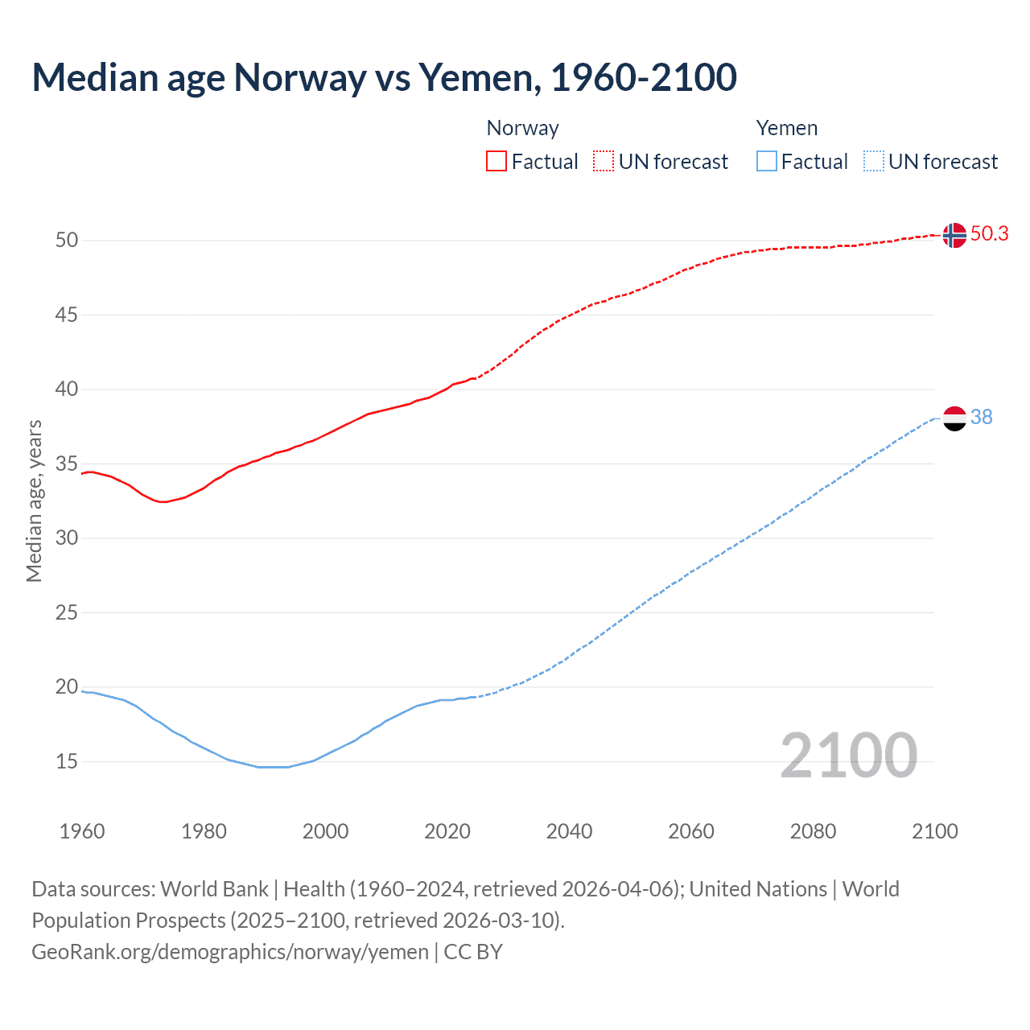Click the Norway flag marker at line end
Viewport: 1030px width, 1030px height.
[x=954, y=235]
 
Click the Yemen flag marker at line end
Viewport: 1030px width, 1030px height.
[x=954, y=418]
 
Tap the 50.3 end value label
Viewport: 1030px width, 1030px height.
[x=989, y=233]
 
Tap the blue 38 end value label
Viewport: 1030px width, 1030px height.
[x=981, y=417]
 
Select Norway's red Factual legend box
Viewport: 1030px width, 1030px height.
[x=496, y=161]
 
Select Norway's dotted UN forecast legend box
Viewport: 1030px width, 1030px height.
[x=604, y=161]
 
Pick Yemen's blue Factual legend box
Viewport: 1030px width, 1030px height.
[x=767, y=161]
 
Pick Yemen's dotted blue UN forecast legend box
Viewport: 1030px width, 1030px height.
[x=874, y=161]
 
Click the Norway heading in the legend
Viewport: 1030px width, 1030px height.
[x=522, y=128]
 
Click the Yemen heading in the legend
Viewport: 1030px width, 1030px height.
[x=786, y=128]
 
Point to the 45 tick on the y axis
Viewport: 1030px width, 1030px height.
[x=67, y=315]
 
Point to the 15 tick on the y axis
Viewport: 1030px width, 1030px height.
[x=67, y=761]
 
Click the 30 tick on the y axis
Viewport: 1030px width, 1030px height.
[x=67, y=538]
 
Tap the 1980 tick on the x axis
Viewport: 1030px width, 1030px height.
[x=204, y=831]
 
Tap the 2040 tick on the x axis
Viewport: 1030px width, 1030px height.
[x=569, y=831]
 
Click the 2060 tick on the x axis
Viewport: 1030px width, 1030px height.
[x=691, y=831]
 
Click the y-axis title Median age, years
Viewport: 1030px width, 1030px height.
[x=34, y=501]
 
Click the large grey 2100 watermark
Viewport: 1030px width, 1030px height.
[x=848, y=755]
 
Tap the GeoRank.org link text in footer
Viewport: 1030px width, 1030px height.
[x=229, y=951]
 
